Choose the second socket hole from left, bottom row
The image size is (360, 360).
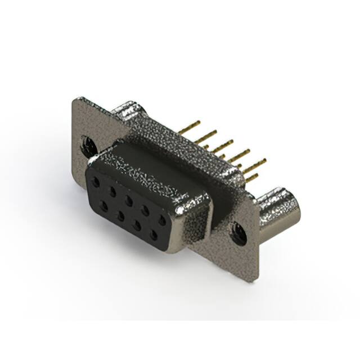point(120,213)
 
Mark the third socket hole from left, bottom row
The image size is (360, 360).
point(137,223)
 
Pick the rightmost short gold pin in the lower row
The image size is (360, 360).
point(251,178)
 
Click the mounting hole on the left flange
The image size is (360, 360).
point(89,147)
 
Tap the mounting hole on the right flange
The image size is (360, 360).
point(238,232)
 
